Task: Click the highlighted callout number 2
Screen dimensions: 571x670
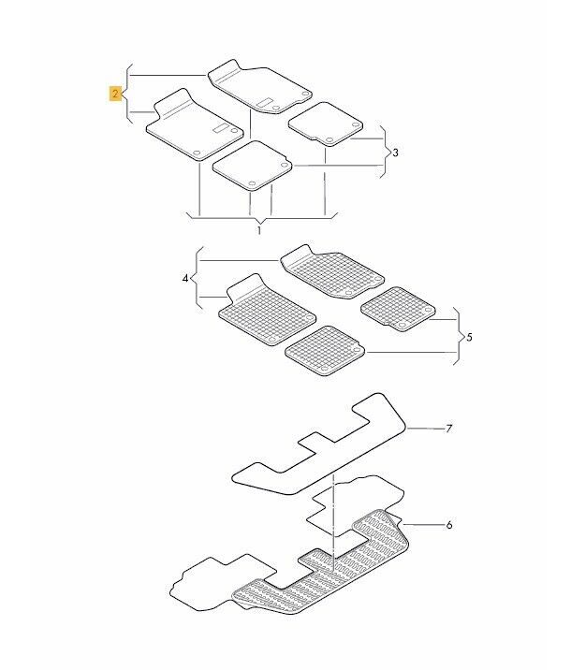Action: point(115,94)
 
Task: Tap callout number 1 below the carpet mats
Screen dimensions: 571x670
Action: point(259,231)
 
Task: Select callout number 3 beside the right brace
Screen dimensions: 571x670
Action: point(395,153)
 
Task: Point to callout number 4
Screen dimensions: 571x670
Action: point(185,279)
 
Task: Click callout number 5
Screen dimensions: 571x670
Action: point(469,338)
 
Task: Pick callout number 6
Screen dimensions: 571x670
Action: point(448,525)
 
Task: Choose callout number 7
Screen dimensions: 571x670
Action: point(448,429)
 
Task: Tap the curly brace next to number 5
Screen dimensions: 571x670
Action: point(460,337)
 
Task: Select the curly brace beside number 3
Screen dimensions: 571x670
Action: point(386,152)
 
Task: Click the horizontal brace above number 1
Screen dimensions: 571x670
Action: point(261,218)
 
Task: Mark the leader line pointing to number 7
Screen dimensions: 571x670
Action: point(425,429)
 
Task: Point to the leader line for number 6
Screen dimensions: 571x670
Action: point(423,524)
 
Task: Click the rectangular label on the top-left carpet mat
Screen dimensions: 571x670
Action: point(221,128)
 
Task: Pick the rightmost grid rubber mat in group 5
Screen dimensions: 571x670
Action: point(399,309)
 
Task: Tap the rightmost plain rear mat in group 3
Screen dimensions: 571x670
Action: point(326,124)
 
